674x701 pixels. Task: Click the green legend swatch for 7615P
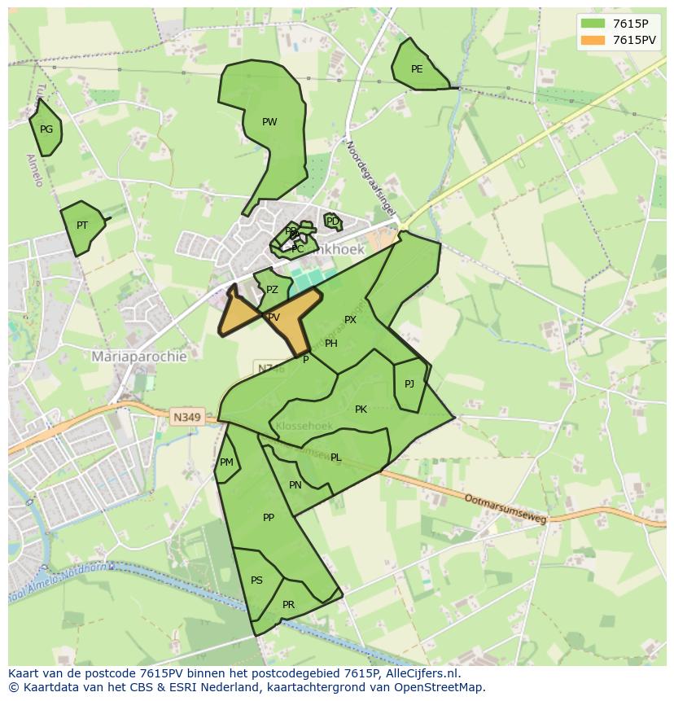[x=594, y=24]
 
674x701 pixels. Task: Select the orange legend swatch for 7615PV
[x=594, y=40]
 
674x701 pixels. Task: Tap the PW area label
[x=269, y=122]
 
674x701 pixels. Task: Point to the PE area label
[x=417, y=69]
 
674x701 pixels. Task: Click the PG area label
[x=46, y=129]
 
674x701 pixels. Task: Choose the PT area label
[x=82, y=226]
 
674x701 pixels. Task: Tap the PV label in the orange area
[x=274, y=318]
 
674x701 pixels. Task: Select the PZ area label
[x=272, y=290]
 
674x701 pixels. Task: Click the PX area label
[x=350, y=320]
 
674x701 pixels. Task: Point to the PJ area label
[x=409, y=384]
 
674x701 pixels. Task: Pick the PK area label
[x=361, y=410]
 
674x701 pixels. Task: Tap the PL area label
[x=336, y=458]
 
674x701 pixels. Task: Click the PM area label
[x=226, y=462]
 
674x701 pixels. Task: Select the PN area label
[x=295, y=485]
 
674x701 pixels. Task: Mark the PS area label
[x=256, y=581]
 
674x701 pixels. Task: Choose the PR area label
[x=288, y=605]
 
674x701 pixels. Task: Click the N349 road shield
[x=186, y=417]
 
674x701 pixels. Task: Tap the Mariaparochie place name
[x=139, y=357]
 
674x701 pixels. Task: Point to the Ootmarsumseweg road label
[x=505, y=508]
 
